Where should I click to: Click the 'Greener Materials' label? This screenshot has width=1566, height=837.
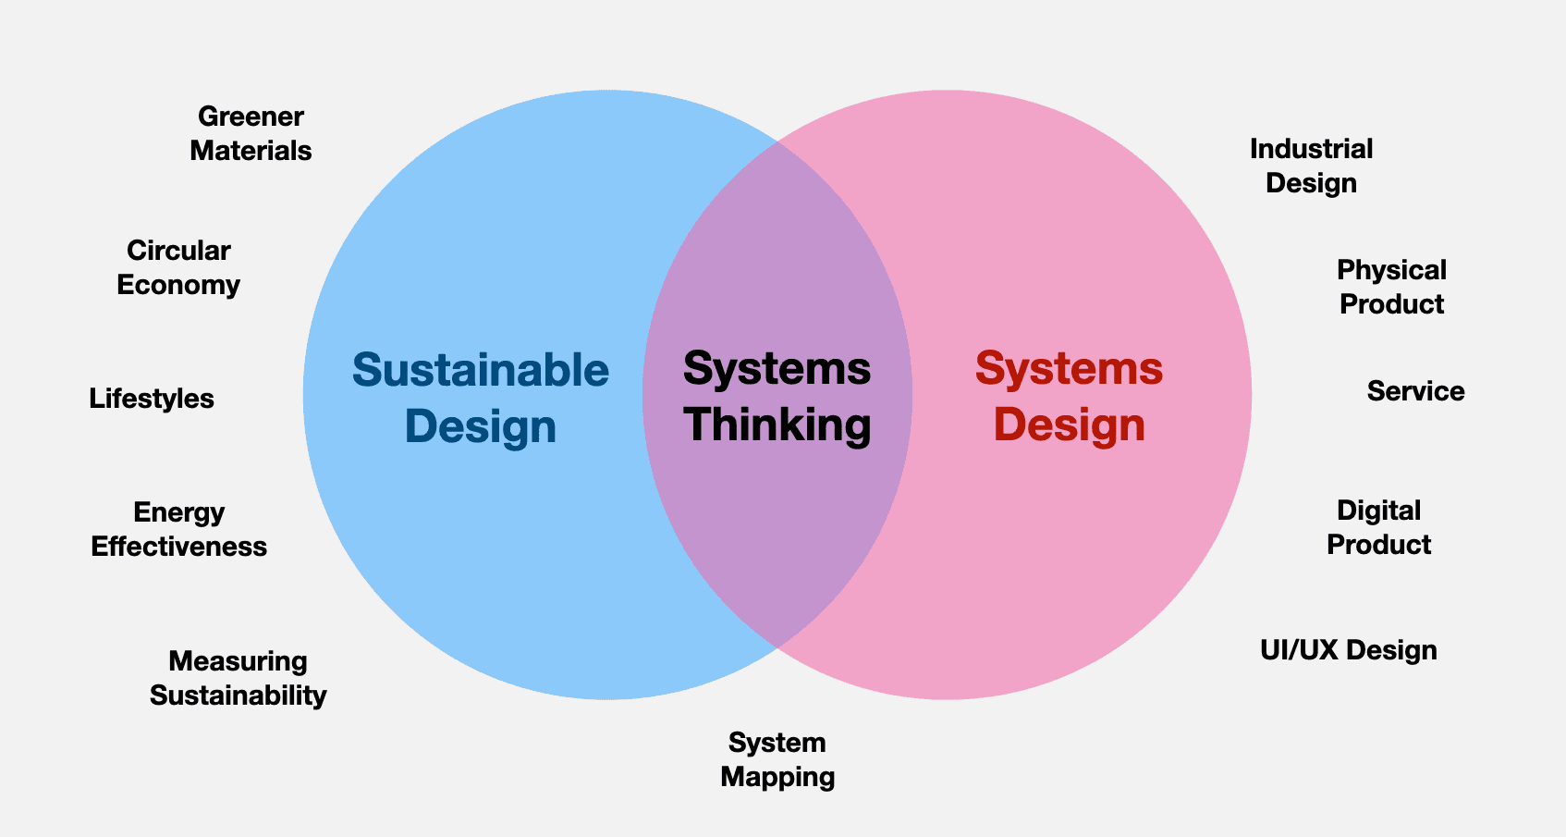pos(251,133)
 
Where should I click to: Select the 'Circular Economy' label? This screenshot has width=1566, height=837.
pos(178,267)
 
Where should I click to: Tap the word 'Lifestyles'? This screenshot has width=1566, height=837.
pos(152,399)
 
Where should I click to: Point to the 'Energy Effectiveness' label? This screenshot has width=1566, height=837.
pos(178,529)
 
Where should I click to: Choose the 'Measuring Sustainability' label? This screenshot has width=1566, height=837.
pos(238,678)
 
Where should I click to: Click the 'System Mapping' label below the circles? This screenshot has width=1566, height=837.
pos(777,759)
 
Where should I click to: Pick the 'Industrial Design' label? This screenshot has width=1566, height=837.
pos(1311,166)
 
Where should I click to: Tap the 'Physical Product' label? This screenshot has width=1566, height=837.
pos(1391,287)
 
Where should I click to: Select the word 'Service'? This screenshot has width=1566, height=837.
pos(1415,391)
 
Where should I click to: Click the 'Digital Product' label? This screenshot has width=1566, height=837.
pos(1378,527)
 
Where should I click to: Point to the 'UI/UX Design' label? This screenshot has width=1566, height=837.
pos(1348,650)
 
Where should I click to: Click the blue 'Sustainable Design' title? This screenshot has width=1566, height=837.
pos(481,398)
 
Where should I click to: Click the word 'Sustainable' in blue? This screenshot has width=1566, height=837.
pos(481,370)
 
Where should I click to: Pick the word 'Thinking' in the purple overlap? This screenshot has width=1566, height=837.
pos(777,425)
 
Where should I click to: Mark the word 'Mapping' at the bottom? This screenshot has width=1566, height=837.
pos(777,777)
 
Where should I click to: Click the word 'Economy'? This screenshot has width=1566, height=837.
pos(178,285)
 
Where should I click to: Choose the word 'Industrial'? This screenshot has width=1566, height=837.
pos(1311,149)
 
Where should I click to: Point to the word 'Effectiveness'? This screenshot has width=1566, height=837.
pos(178,547)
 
